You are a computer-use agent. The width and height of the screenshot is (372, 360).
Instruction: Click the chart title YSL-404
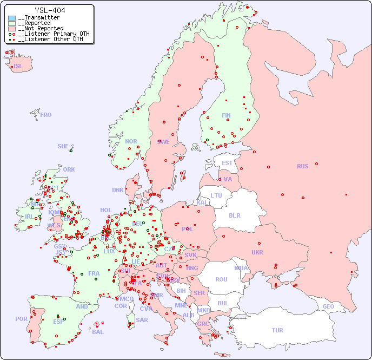pyautogui.click(x=50, y=10)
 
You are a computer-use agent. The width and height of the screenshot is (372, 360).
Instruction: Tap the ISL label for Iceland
pyautogui.click(x=18, y=67)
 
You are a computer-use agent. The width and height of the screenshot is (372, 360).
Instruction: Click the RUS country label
pyautogui.click(x=302, y=166)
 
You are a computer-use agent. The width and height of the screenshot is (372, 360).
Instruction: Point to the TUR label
pyautogui.click(x=277, y=330)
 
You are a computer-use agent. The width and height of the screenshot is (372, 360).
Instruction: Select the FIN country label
pyautogui.click(x=226, y=115)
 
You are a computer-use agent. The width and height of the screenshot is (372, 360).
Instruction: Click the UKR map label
pyautogui.click(x=257, y=252)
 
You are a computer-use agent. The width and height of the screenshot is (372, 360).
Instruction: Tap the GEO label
pyautogui.click(x=328, y=306)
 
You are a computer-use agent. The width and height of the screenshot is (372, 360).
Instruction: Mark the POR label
pyautogui.click(x=21, y=319)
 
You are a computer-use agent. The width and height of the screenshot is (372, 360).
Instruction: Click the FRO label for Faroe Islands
pyautogui.click(x=46, y=115)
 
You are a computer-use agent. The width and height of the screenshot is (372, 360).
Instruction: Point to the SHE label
pyautogui.click(x=63, y=146)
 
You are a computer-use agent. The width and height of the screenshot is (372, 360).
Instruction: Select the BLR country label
pyautogui.click(x=235, y=215)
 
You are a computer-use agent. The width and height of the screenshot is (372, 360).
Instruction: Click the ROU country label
pyautogui.click(x=221, y=279)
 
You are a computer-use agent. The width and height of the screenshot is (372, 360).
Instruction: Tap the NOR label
pyautogui.click(x=131, y=141)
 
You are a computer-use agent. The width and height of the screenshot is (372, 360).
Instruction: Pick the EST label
pyautogui.click(x=227, y=163)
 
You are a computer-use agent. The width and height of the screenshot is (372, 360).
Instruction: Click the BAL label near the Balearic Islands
pyautogui.click(x=98, y=332)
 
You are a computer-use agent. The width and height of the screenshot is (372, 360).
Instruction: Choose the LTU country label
pyautogui.click(x=216, y=195)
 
